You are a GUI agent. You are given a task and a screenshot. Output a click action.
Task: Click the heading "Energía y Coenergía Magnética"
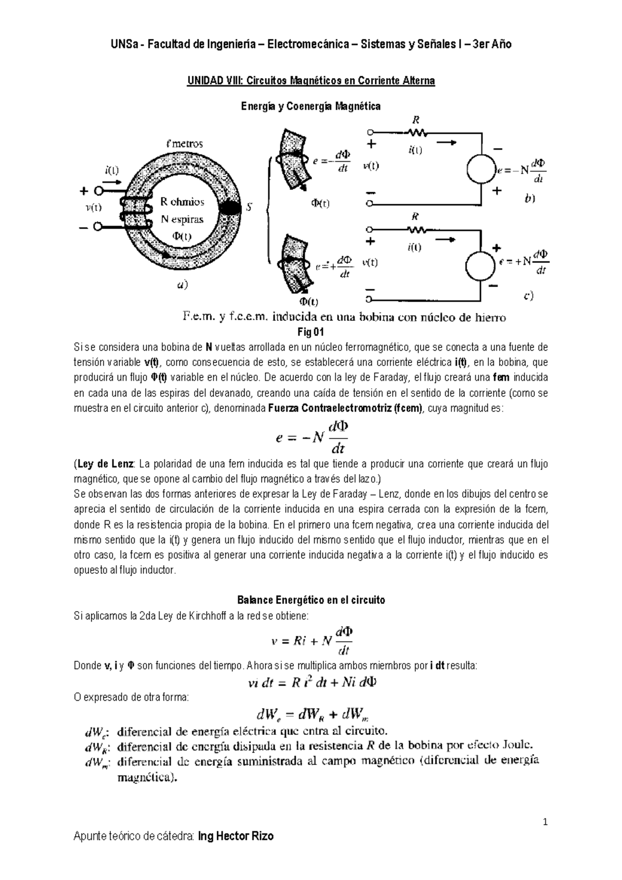pyautogui.click(x=310, y=106)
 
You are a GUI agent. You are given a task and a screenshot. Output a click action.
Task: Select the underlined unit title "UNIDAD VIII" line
pyautogui.click(x=310, y=81)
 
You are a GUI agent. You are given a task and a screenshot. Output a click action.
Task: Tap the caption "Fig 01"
pyautogui.click(x=311, y=332)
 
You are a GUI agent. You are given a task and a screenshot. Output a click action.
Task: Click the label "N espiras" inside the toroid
pyautogui.click(x=181, y=219)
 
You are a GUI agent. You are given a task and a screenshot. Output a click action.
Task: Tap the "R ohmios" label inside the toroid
pyautogui.click(x=181, y=202)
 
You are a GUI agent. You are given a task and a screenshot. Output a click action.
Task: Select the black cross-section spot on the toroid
pyautogui.click(x=230, y=208)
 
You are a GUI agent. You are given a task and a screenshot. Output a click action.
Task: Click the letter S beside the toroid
pyautogui.click(x=249, y=207)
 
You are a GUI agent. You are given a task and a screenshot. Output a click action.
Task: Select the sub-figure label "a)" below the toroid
pyautogui.click(x=182, y=285)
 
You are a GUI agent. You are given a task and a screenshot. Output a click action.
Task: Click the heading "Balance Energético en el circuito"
pyautogui.click(x=311, y=600)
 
